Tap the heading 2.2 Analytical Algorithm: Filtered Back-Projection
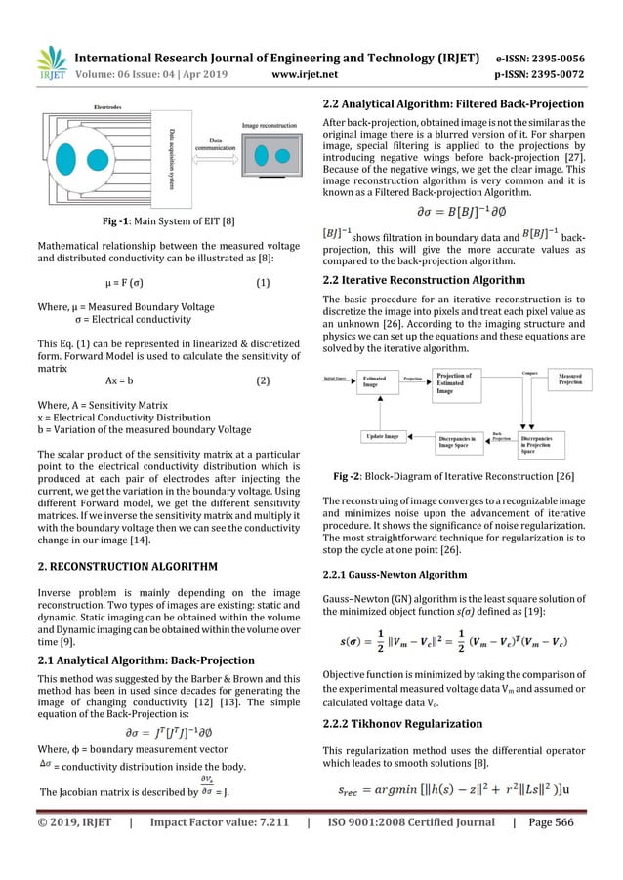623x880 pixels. pyautogui.click(x=452, y=104)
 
